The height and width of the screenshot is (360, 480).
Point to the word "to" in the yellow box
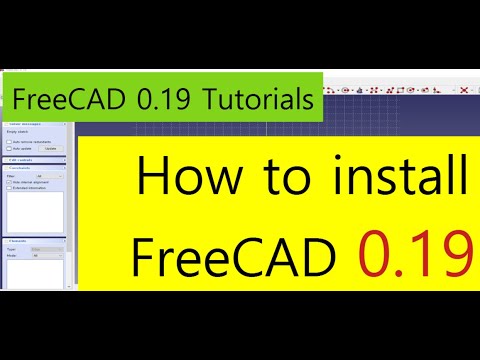(x=280, y=181)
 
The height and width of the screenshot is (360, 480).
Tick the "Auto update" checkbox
(x=9, y=147)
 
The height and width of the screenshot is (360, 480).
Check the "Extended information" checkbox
(x=9, y=186)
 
